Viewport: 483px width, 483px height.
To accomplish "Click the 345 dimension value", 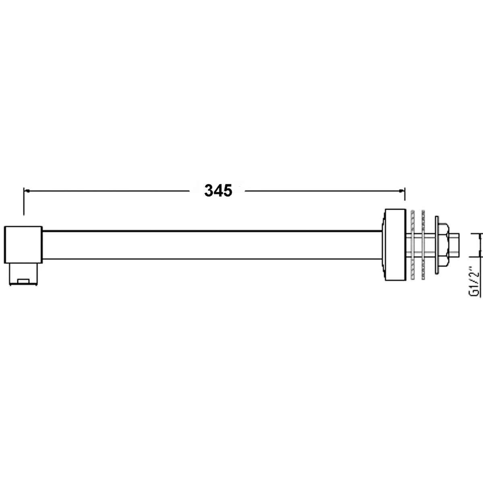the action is pos(218,191).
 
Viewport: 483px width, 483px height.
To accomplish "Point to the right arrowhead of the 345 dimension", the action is pos(402,191).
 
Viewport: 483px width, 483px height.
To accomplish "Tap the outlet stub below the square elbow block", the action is pos(23,274).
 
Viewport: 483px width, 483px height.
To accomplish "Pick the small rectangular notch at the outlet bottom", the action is pos(24,282).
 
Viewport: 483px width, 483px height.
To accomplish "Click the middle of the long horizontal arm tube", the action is pos(212,245).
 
